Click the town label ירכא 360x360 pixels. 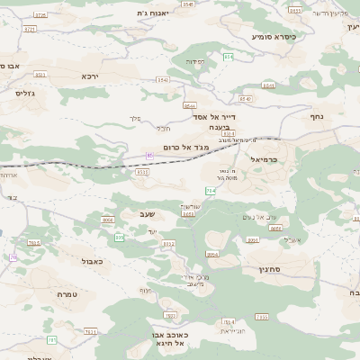[89, 76]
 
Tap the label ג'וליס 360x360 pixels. [24, 93]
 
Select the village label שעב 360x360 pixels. [148, 212]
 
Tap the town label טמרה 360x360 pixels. [65, 294]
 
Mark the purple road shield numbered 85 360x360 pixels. [150, 156]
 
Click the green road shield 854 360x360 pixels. [228, 57]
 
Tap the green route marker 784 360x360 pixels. [211, 191]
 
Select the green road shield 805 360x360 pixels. [120, 238]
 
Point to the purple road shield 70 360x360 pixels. [13, 257]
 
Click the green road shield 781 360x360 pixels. [52, 339]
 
